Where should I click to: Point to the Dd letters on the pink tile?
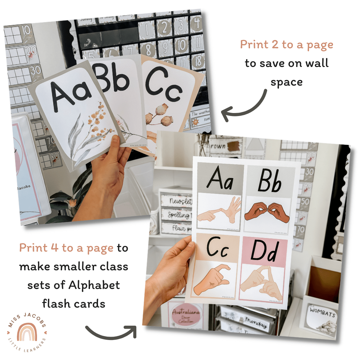click(264, 251)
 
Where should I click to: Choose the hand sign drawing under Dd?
click(263, 282)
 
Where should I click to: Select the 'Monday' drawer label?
click(257, 322)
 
